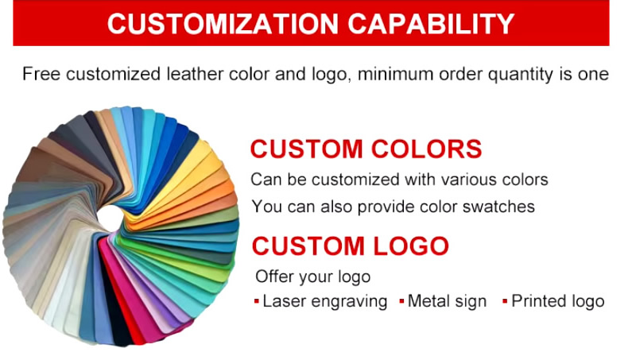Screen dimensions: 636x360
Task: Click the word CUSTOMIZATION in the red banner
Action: pyautogui.click(x=223, y=24)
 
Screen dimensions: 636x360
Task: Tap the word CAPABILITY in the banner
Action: pyautogui.click(x=431, y=24)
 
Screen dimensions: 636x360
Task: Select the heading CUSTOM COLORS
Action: pyautogui.click(x=366, y=149)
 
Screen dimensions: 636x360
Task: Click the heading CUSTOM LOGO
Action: pyautogui.click(x=350, y=246)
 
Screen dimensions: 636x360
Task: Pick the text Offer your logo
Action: pyautogui.click(x=312, y=277)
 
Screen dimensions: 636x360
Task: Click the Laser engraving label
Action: pyautogui.click(x=325, y=302)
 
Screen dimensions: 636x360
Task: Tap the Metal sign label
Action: pyautogui.click(x=447, y=301)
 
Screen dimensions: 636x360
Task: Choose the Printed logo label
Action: pyautogui.click(x=558, y=301)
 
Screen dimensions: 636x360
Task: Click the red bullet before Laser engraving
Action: pyautogui.click(x=256, y=301)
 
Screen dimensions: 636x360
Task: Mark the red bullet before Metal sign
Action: pyautogui.click(x=401, y=301)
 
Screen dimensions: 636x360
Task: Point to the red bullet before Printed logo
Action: pyautogui.click(x=505, y=301)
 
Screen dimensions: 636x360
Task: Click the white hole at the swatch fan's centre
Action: pyautogui.click(x=110, y=218)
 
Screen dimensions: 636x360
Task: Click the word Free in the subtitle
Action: pyautogui.click(x=41, y=74)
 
